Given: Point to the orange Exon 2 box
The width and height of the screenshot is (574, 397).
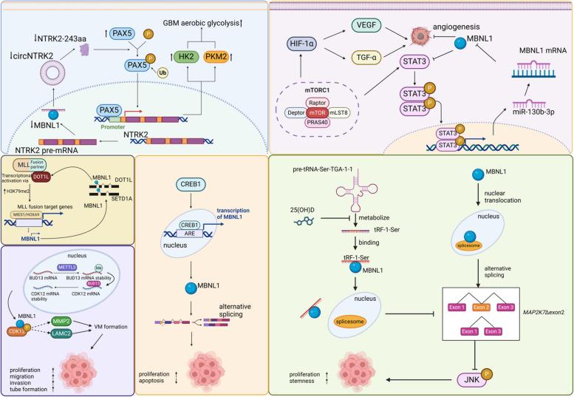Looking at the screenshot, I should (502, 285).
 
